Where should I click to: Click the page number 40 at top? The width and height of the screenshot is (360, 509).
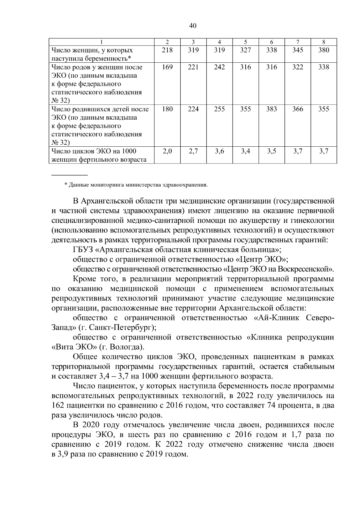point(193,26)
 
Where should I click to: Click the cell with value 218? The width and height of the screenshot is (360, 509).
point(167,50)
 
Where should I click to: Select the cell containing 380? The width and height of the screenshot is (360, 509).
point(324,50)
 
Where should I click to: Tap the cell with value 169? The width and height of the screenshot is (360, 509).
point(167,67)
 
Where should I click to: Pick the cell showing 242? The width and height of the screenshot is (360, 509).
point(219,67)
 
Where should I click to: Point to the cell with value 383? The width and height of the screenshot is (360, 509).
point(271,109)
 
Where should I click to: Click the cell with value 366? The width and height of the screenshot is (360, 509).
point(298,109)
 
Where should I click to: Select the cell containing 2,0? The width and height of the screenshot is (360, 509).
point(167,151)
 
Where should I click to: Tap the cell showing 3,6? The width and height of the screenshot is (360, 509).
point(219,151)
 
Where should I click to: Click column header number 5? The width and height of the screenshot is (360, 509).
point(245,42)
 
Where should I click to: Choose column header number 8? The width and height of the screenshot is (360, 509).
point(324,42)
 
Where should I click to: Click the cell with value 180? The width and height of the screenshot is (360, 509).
point(167,109)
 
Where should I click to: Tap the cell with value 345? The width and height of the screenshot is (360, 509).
point(298,50)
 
